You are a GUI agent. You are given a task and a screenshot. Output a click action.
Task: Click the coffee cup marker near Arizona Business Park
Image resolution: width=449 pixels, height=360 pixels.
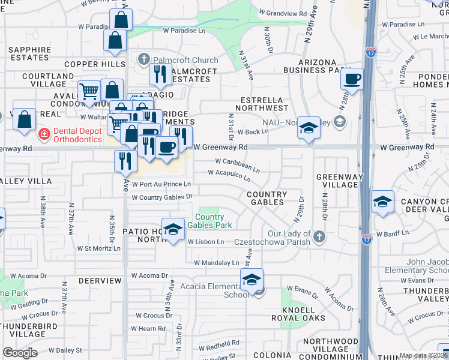[x=353, y=79]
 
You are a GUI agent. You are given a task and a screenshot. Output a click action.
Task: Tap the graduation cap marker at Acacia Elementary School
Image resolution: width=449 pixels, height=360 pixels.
[x=252, y=279]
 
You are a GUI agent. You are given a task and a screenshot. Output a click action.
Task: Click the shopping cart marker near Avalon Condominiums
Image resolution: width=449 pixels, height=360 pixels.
[x=89, y=92]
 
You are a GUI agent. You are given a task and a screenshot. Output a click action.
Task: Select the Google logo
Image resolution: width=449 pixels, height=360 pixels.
[x=19, y=352]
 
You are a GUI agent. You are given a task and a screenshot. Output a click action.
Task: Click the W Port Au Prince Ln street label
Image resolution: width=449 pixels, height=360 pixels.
[x=161, y=184]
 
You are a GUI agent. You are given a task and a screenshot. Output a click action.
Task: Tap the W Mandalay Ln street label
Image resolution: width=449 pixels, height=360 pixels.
[x=216, y=263]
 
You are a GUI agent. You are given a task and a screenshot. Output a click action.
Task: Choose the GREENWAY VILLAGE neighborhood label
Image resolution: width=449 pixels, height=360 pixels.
[x=337, y=181]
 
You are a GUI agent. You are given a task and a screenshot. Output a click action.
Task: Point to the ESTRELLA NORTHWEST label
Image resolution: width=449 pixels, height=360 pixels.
[x=264, y=104]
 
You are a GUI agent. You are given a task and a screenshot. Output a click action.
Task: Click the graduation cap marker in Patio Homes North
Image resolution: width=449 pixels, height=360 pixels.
[x=173, y=230]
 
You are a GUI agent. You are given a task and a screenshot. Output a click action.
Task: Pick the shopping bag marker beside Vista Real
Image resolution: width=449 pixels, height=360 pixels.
[x=24, y=119]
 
